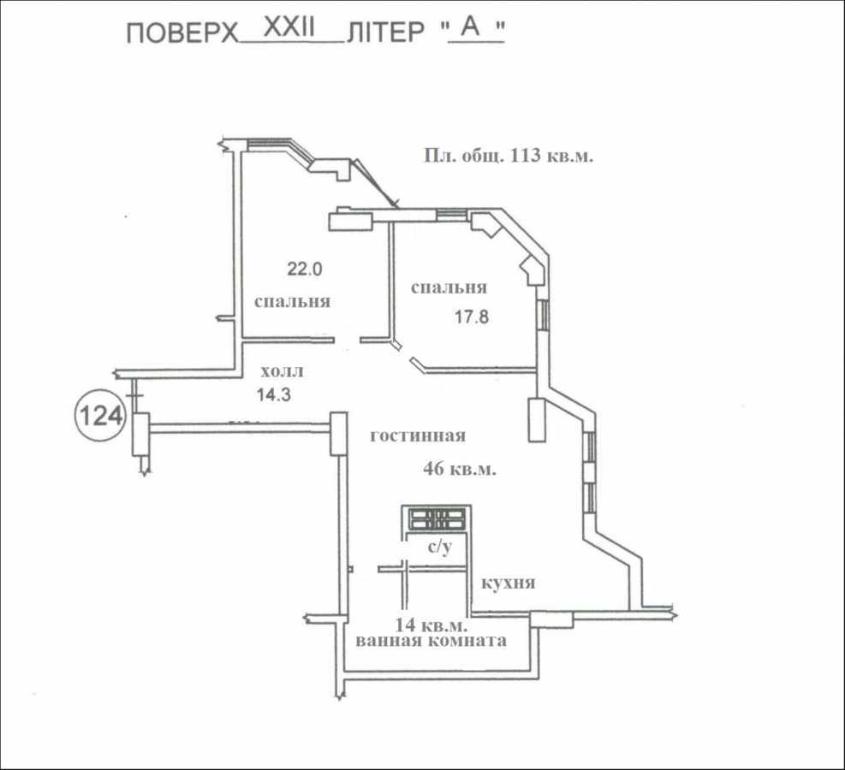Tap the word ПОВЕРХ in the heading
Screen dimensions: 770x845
[181, 33]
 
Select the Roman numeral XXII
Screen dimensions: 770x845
[290, 27]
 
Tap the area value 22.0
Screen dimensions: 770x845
[304, 269]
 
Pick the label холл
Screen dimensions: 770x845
[282, 372]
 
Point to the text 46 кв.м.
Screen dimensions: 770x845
[461, 469]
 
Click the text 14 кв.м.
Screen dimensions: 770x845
[431, 624]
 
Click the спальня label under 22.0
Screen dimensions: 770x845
[292, 302]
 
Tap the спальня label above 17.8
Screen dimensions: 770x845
[449, 288]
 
